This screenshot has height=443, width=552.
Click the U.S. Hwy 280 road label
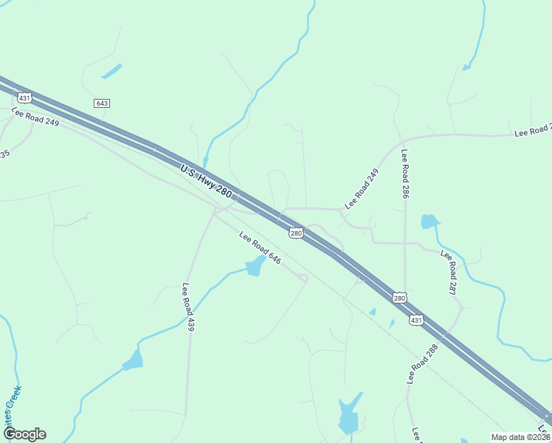[206, 181]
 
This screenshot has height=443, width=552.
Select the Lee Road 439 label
[187, 307]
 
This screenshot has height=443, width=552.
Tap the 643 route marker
[102, 103]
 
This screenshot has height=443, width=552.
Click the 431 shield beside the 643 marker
[25, 97]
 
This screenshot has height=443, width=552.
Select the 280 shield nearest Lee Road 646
[296, 233]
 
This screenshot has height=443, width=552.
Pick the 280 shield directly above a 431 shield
[399, 298]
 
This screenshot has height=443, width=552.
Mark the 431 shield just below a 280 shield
[417, 320]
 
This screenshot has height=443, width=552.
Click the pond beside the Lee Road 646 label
[255, 267]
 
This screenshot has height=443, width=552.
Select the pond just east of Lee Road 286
[429, 221]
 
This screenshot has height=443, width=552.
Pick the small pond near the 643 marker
[111, 72]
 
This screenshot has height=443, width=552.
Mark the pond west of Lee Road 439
[134, 361]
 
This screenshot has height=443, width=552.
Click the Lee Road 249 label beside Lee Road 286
[361, 188]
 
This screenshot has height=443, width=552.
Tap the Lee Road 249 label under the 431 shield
[35, 117]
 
